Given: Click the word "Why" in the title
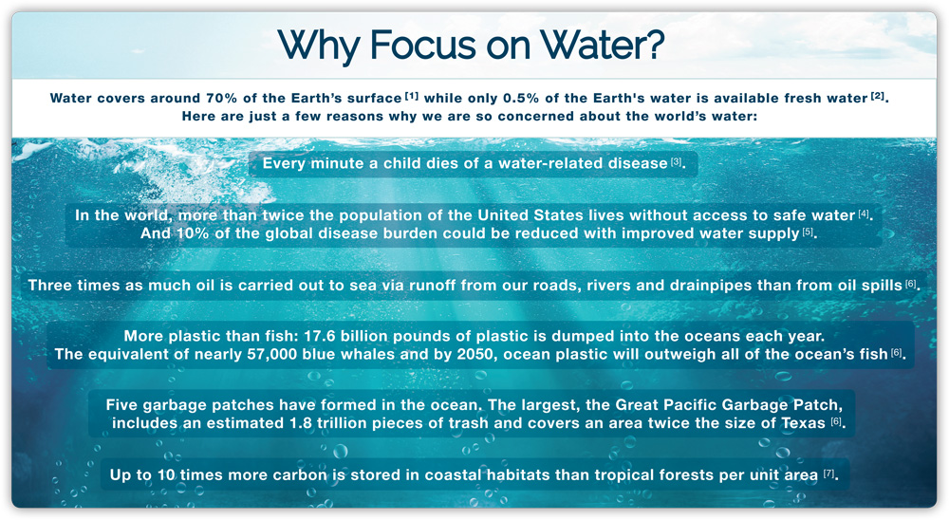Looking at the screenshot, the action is (318, 46).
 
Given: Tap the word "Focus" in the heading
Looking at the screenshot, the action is (423, 45).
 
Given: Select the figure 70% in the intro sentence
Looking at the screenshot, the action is (222, 98).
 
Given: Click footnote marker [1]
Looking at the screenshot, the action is (412, 96).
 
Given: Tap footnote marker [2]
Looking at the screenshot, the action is (878, 96).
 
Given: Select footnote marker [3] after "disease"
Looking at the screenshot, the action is (676, 161).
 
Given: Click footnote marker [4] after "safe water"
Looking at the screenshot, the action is (864, 214).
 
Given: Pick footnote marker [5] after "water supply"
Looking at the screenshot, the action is (808, 232).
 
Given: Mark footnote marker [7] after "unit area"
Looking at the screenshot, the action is (828, 474).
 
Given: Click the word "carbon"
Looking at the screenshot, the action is (300, 474).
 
